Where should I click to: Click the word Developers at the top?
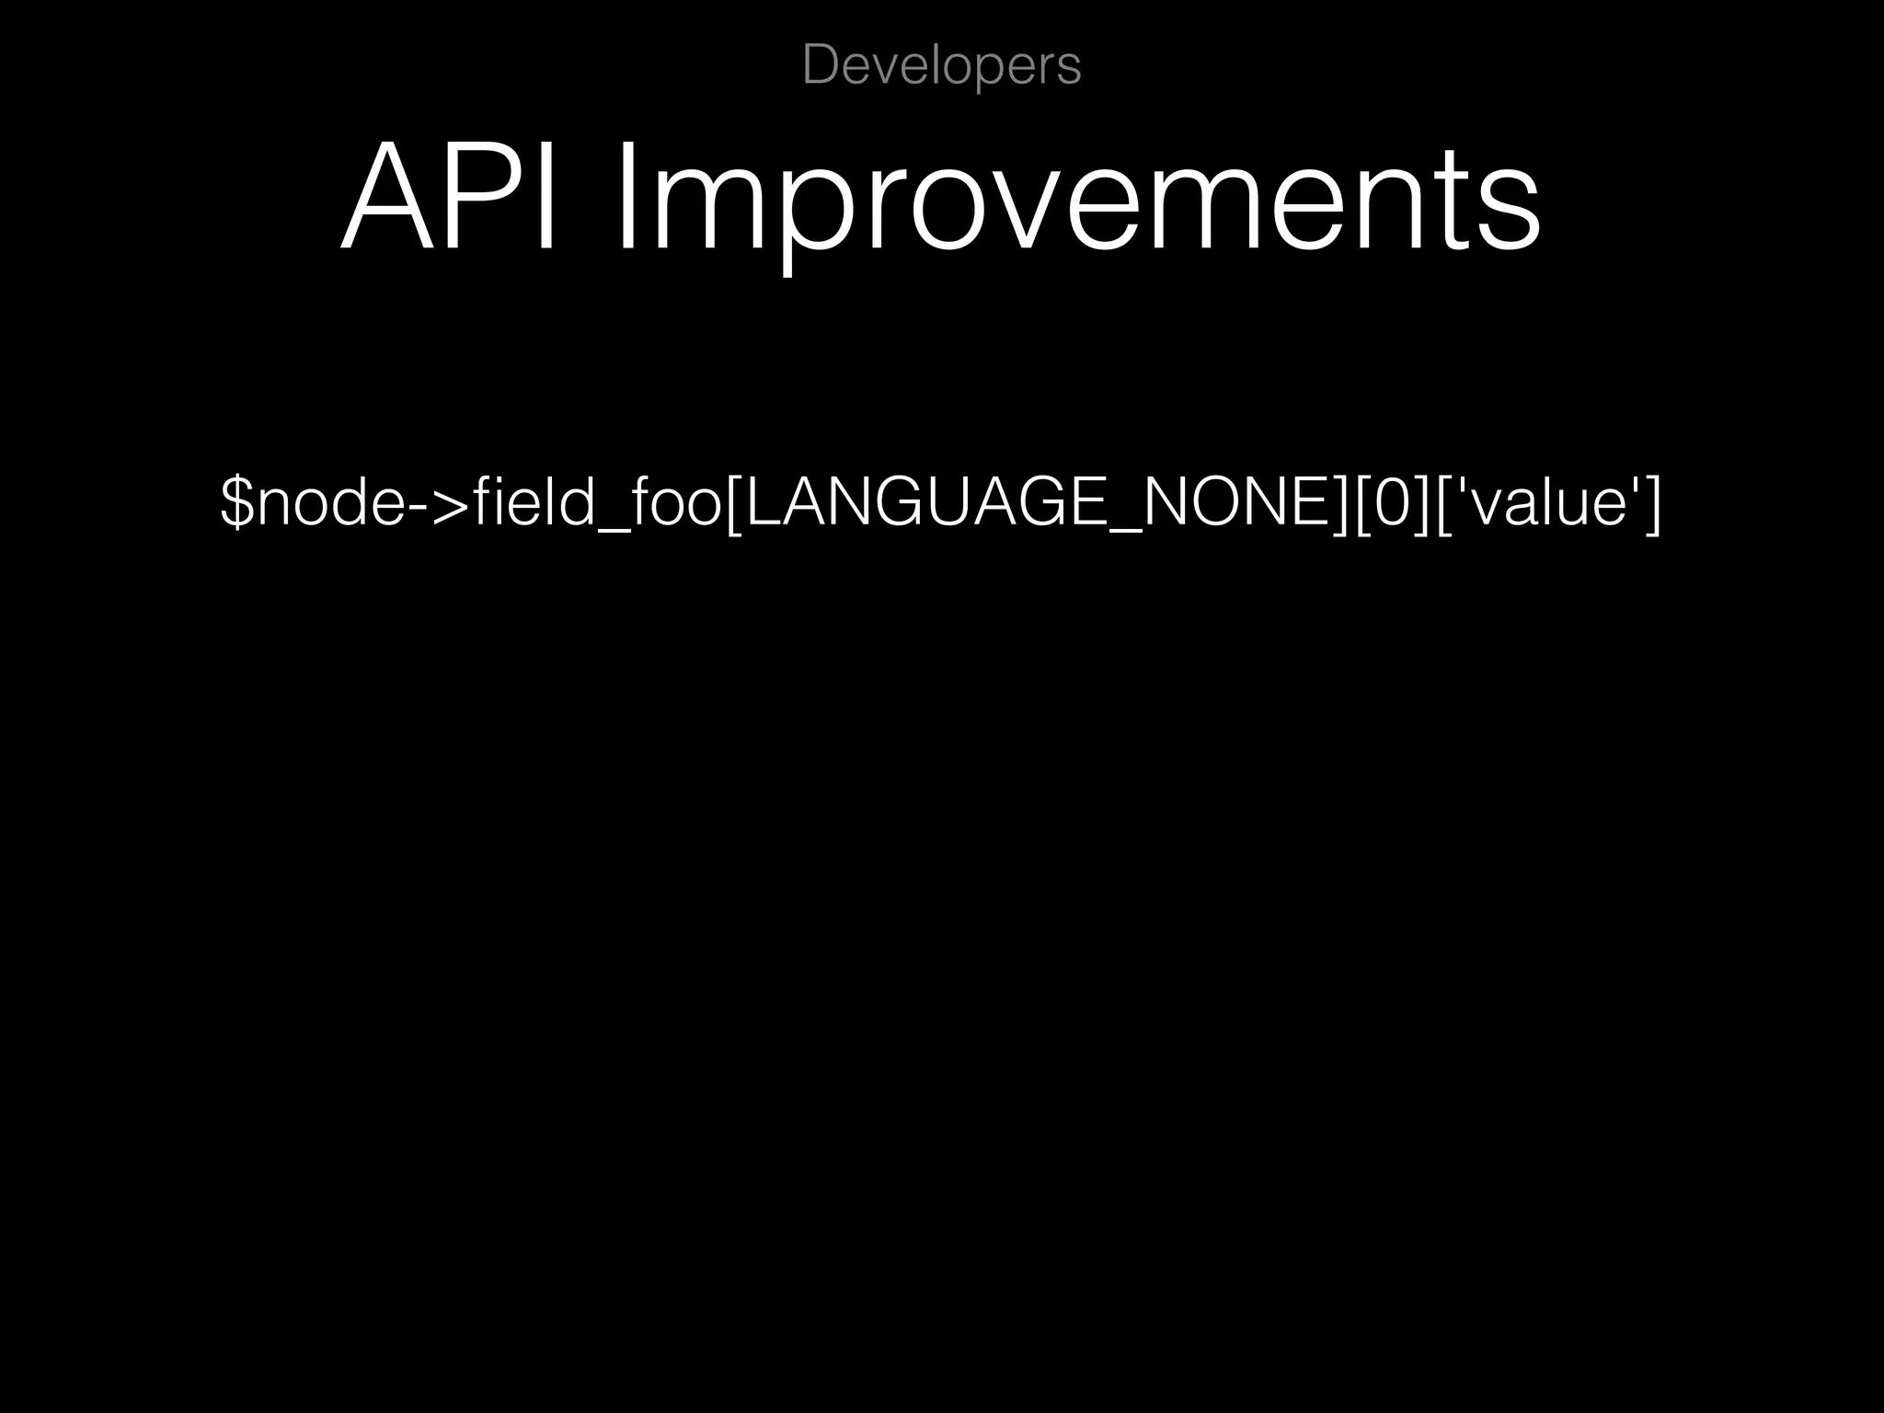941,66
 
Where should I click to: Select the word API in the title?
449,196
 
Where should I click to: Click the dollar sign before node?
236,503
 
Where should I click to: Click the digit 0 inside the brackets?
1390,503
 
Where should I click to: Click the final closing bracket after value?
1653,505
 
